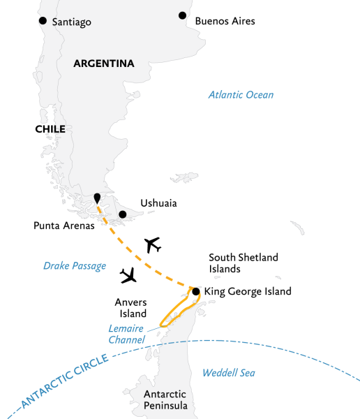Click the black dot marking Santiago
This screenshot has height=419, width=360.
44,21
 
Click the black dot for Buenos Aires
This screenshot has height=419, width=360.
182,15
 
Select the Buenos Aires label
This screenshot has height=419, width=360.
225,21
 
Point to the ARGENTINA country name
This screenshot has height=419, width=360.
104,64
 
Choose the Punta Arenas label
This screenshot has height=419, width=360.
63,226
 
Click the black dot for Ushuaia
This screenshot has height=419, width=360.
123,214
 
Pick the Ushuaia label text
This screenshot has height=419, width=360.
158,203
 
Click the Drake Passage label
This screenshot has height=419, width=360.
75,265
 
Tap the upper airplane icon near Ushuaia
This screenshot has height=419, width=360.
152,245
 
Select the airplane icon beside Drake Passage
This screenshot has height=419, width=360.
128,276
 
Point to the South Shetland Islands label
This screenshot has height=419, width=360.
243,263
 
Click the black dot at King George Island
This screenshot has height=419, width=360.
196,291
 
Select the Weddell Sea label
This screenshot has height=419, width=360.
228,373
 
